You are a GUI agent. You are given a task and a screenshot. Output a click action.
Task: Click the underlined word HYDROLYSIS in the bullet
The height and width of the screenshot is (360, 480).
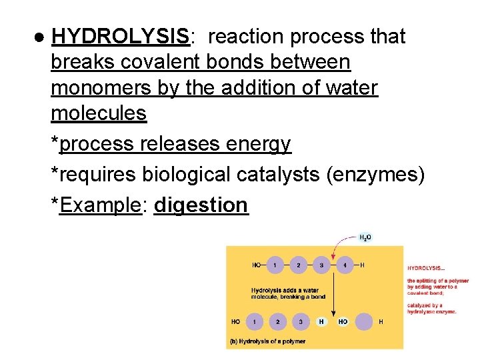pos(121,37)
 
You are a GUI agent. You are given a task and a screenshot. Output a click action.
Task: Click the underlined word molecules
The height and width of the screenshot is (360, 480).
pos(98,113)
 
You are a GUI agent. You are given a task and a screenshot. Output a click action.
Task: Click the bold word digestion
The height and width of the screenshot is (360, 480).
pos(201,205)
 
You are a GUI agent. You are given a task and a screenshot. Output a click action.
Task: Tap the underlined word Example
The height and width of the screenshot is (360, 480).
pos(100,205)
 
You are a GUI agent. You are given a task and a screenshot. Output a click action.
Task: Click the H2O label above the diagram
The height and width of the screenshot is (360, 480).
pos(366,237)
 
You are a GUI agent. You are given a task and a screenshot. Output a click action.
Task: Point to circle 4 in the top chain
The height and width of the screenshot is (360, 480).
pos(344,265)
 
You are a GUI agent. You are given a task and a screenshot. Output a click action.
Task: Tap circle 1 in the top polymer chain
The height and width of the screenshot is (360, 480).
pos(274,265)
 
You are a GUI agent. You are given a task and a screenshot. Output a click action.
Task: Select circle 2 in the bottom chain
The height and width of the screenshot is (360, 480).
pos(277,322)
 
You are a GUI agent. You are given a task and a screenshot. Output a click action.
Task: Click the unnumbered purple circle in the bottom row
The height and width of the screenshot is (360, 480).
pos(363,322)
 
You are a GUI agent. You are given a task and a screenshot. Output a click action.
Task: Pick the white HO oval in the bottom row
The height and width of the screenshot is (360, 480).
pos(343,322)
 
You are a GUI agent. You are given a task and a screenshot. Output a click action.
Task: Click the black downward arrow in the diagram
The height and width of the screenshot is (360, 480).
pos(333,293)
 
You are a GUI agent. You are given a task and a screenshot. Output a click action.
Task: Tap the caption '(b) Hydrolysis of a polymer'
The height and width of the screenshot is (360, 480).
pos(267,341)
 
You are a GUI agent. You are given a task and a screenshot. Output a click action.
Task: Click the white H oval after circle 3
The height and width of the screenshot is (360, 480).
pos(321,322)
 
